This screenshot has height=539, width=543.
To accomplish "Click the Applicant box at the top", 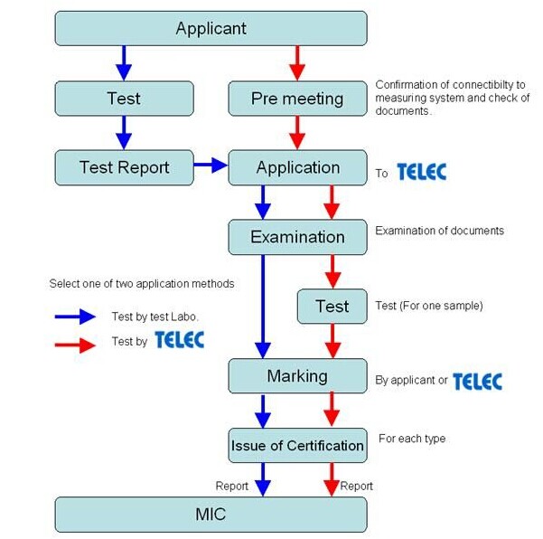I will (x=211, y=28).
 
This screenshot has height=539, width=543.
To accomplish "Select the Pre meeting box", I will (x=297, y=99).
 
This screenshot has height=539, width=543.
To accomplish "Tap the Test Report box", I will (x=124, y=167).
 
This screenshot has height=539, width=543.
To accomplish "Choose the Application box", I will (x=297, y=167).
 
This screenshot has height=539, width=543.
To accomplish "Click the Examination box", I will (x=297, y=237).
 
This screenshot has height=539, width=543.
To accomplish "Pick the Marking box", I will (x=297, y=375).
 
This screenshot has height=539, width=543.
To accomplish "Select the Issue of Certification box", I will (x=297, y=445).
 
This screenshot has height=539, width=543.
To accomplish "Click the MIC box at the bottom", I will (x=211, y=515).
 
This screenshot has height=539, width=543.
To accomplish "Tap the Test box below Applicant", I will (x=124, y=99).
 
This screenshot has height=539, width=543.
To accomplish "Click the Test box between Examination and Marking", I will (x=332, y=307).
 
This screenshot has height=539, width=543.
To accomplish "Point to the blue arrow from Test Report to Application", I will (x=211, y=165).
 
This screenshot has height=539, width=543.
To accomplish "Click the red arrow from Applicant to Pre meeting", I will (x=297, y=62).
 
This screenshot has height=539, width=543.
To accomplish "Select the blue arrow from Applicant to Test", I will (x=124, y=62).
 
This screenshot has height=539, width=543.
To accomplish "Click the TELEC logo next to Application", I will (x=422, y=172).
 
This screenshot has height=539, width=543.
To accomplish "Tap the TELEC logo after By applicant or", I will (x=477, y=381).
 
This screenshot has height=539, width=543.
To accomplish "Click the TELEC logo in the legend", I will (x=180, y=340).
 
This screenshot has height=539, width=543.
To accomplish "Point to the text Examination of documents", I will (x=439, y=231).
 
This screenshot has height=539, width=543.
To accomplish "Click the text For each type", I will (x=411, y=439).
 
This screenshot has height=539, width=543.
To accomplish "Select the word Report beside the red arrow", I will (x=356, y=486).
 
